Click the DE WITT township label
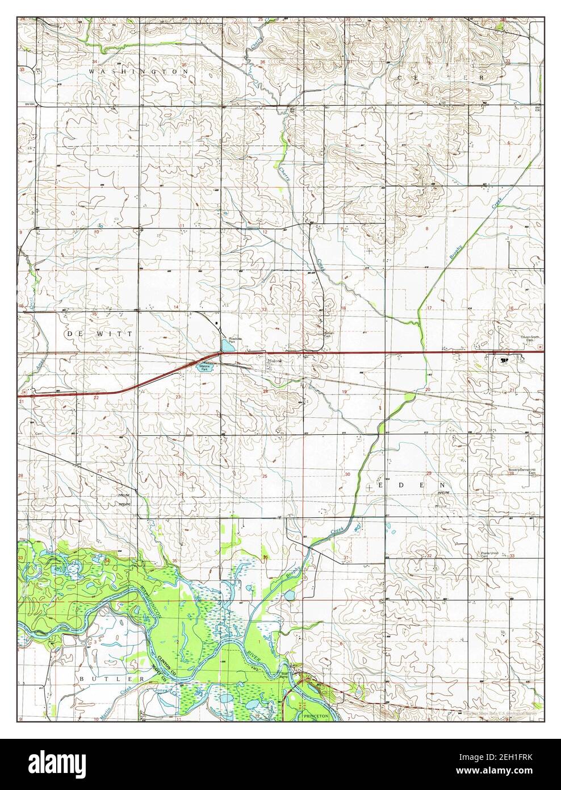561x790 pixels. [99, 334]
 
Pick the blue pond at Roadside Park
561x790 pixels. [227, 344]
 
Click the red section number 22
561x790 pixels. [96, 397]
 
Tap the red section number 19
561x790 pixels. [344, 392]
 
